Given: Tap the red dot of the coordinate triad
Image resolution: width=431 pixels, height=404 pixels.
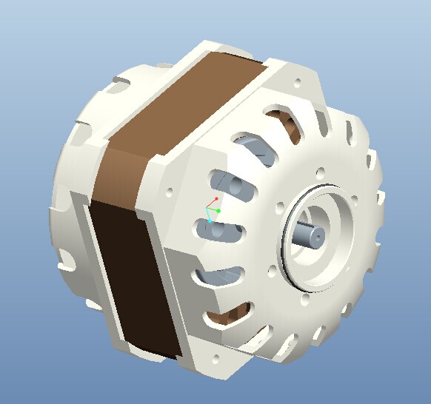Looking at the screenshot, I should (215, 199).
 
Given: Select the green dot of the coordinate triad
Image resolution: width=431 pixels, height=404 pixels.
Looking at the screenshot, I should (218, 211).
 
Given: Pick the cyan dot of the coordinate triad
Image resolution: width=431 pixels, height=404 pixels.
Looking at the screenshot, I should (210, 220).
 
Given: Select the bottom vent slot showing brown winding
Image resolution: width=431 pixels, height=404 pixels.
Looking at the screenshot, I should (222, 318).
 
